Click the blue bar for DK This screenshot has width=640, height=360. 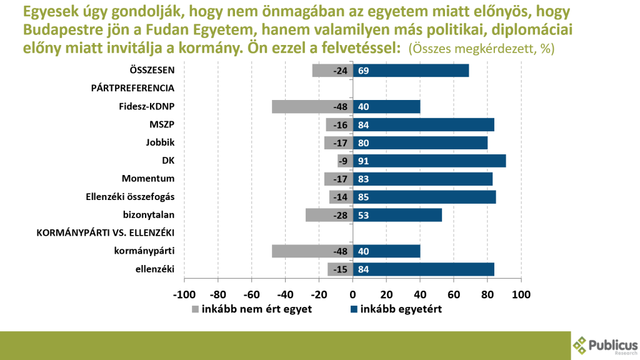429,161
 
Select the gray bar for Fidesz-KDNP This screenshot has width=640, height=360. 312,106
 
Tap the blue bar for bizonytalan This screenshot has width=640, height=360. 397,215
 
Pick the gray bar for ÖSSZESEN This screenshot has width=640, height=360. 332,71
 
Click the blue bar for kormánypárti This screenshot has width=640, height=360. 386,251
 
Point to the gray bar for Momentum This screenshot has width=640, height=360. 339,179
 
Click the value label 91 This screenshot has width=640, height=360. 363,161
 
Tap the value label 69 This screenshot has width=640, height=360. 363,71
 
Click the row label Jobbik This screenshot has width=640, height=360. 159,142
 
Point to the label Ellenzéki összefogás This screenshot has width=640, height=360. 129,197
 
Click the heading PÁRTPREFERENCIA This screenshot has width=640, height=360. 132,88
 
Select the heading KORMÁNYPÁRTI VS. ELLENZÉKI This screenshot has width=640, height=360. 105,233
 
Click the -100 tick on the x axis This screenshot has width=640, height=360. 184,294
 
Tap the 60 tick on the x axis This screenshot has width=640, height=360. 454,294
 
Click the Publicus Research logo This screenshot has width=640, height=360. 605,346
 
